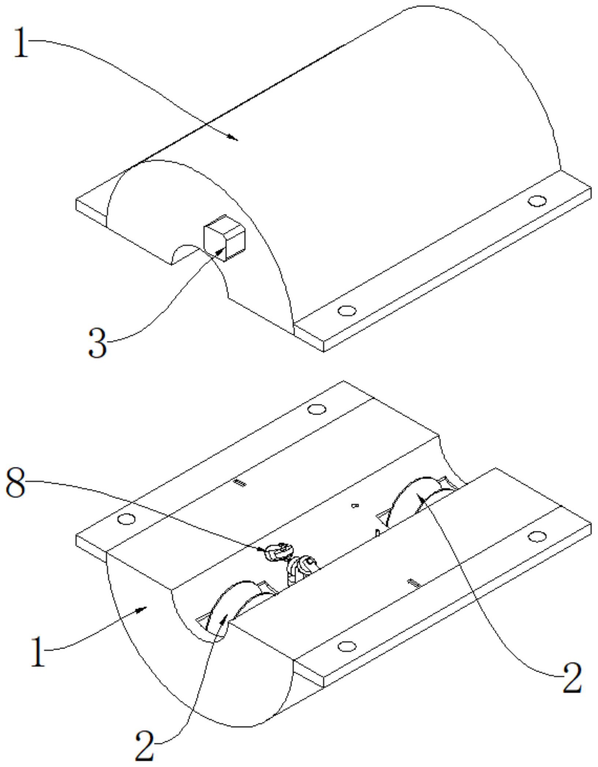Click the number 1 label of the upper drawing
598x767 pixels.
[x=21, y=43]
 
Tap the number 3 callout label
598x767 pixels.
[x=98, y=343]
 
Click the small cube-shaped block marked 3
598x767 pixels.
[x=224, y=238]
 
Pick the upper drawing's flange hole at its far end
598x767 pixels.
[x=537, y=201]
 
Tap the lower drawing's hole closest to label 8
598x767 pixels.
[x=127, y=519]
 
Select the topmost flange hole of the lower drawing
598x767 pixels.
[x=317, y=409]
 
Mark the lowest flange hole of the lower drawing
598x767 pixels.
[x=346, y=647]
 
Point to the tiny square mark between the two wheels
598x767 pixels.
[x=354, y=506]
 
